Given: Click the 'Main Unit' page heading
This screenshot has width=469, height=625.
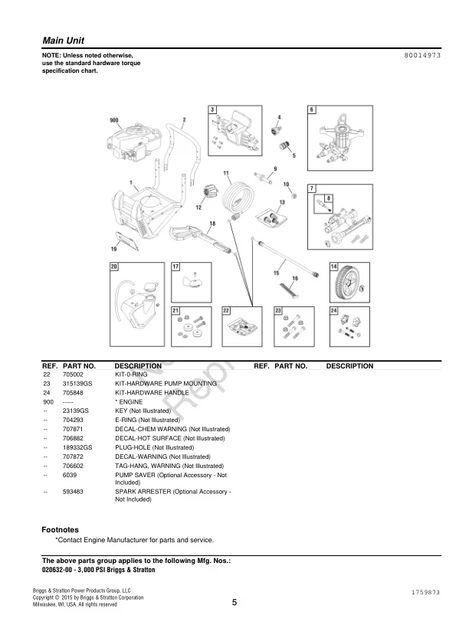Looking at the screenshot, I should (63, 40).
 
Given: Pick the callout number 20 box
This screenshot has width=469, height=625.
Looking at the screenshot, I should (114, 267).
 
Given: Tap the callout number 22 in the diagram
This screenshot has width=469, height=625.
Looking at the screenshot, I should (226, 310).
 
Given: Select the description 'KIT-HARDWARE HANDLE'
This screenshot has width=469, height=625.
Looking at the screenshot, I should (152, 392).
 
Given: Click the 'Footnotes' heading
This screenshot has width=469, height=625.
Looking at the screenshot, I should (60, 529).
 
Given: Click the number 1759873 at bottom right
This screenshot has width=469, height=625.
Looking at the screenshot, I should (425, 593).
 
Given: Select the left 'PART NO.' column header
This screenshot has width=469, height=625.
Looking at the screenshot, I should (79, 366).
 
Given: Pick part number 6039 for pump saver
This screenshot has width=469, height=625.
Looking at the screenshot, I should (69, 475).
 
